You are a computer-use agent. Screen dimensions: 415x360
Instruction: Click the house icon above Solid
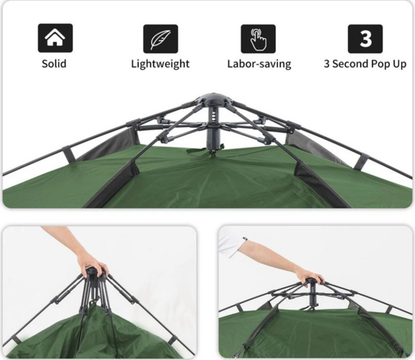pyautogui.click(x=55, y=38)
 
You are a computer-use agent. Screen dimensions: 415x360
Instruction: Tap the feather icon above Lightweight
pyautogui.click(x=160, y=39)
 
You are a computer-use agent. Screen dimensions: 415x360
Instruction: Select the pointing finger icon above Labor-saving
pyautogui.click(x=258, y=39)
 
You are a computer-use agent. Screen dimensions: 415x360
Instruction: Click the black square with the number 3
pyautogui.click(x=365, y=39)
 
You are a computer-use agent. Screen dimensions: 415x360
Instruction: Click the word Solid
pyautogui.click(x=54, y=64)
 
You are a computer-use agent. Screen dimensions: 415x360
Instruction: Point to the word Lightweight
pyautogui.click(x=160, y=64)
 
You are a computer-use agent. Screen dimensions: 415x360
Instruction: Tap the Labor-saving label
pyautogui.click(x=259, y=64)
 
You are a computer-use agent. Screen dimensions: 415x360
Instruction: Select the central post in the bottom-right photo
pyautogui.click(x=313, y=296)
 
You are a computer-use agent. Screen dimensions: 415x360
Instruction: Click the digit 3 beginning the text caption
pyautogui.click(x=327, y=64)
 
